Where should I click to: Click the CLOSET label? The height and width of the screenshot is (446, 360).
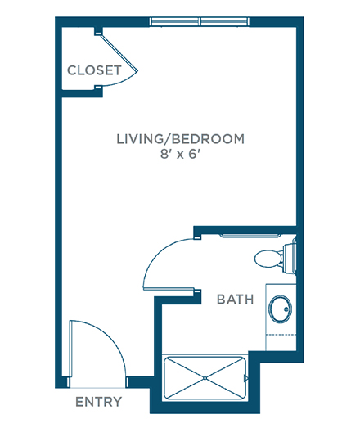[94, 70]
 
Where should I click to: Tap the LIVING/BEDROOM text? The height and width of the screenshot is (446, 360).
[181, 139]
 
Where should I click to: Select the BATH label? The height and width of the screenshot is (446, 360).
[235, 300]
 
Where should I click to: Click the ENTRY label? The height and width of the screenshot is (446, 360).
[98, 402]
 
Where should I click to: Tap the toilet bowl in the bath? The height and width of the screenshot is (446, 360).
[268, 259]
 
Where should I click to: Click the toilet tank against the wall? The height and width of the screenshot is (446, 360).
[290, 258]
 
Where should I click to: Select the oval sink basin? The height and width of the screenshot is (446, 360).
[281, 309]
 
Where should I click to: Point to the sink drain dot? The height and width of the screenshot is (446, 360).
[286, 309]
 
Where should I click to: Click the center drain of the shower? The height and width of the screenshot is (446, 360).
[205, 378]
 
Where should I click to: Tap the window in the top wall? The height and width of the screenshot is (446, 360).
[200, 21]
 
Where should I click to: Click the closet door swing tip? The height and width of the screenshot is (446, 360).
[137, 71]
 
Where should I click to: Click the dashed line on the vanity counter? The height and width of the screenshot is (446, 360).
[281, 335]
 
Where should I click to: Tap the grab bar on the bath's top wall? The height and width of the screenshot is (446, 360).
[250, 236]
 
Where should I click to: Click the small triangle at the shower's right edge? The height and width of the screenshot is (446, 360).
[245, 378]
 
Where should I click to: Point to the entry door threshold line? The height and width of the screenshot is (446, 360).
[97, 388]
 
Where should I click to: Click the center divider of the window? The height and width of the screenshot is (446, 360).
[200, 21]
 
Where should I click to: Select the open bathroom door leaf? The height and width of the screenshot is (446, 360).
[169, 289]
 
